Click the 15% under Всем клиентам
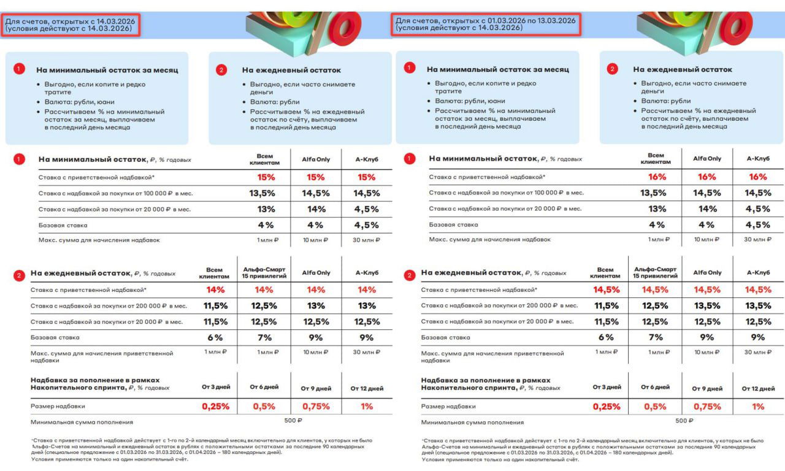(266, 177)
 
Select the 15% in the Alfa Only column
(316, 177)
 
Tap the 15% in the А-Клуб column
(366, 177)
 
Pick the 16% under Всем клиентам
(657, 177)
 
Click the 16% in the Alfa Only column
(706, 177)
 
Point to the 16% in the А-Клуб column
(758, 177)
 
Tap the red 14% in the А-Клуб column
(367, 289)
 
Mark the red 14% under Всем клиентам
(216, 289)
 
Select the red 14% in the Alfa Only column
(316, 289)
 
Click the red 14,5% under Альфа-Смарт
(656, 289)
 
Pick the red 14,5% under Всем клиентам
(606, 289)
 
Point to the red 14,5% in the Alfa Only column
(707, 289)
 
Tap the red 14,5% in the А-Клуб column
(758, 289)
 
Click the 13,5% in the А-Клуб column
(758, 305)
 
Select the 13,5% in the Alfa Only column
(707, 305)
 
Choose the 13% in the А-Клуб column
(367, 305)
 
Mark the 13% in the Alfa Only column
(316, 305)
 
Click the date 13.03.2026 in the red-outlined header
(555, 20)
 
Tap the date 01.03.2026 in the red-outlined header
(500, 20)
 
